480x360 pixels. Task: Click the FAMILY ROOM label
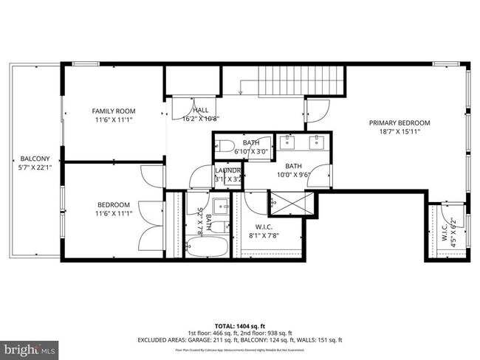point(114,111)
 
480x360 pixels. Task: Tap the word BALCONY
point(35,159)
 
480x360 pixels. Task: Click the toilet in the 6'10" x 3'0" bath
point(226,145)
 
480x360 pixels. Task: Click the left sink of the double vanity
point(288,142)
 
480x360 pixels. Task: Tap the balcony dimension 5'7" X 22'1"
point(35,167)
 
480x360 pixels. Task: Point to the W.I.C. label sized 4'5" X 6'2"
point(445,232)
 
